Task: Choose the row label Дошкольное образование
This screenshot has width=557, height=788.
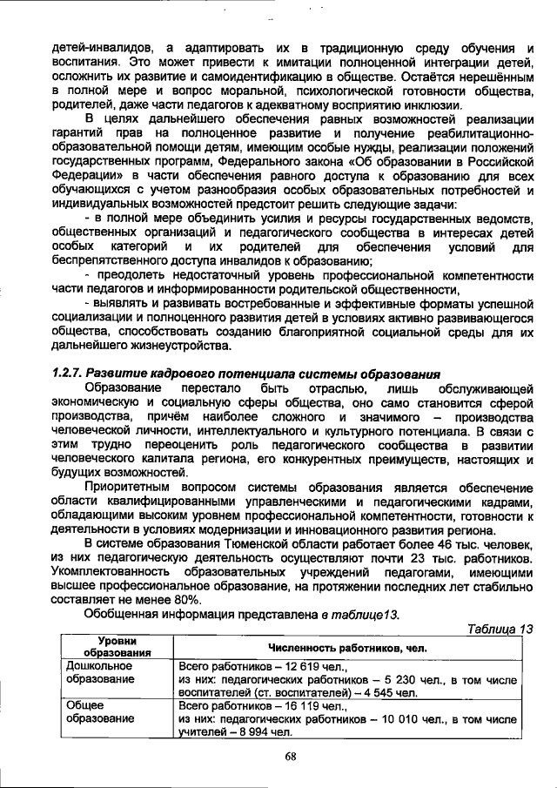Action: (x=99, y=672)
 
